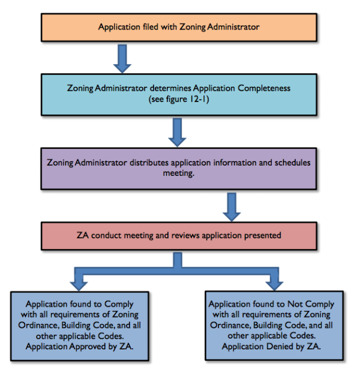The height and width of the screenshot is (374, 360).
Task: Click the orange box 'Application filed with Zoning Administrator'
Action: [x=181, y=27]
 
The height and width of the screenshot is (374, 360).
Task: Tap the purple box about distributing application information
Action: [x=181, y=169]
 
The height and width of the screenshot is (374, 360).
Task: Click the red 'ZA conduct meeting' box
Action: [x=181, y=235]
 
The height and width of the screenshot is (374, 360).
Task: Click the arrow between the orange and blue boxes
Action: [x=123, y=58]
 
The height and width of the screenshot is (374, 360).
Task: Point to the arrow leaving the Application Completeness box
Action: [x=177, y=131]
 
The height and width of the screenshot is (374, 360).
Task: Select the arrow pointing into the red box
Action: [x=230, y=207]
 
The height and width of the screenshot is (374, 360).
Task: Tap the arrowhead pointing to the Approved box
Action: [x=82, y=281]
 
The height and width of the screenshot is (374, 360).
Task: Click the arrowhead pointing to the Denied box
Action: [x=275, y=281]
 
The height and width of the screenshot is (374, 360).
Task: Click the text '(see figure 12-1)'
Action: [x=179, y=99]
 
